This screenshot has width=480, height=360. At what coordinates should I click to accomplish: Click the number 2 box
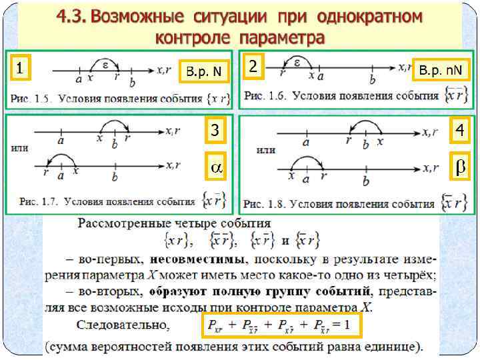252,66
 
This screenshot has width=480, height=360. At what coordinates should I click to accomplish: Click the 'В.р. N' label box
204,71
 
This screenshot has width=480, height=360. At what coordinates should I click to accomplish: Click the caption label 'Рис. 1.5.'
30,99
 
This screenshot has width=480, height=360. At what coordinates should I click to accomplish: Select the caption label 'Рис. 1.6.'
265,96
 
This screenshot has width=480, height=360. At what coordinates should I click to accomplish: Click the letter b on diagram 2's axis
372,79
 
